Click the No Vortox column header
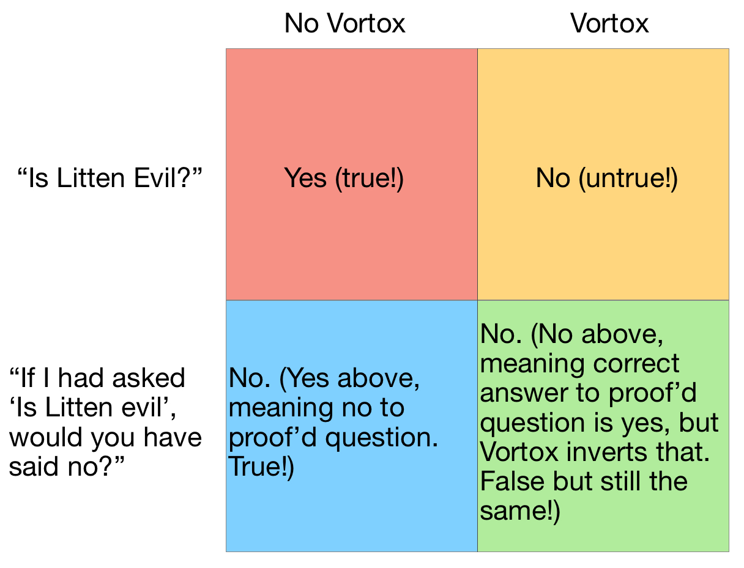click(344, 23)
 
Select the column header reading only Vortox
click(609, 23)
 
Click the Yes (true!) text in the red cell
click(344, 179)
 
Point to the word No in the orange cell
click(553, 178)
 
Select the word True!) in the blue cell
click(261, 467)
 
